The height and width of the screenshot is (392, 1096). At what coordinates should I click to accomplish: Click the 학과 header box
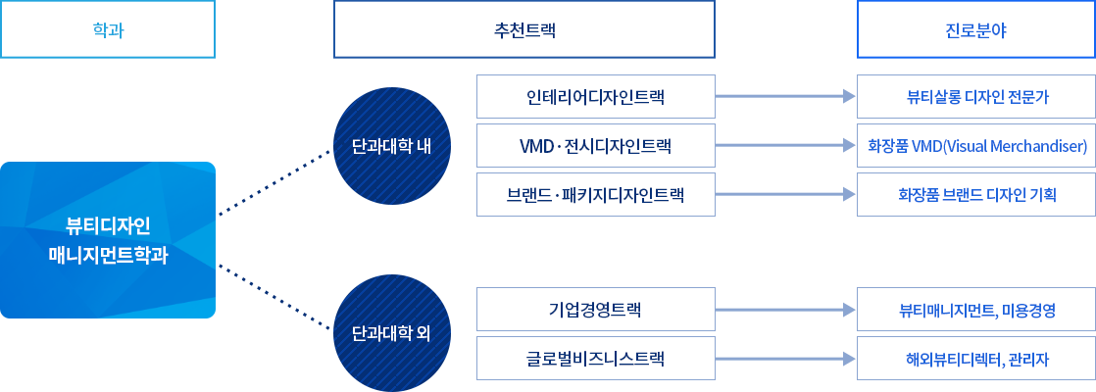coord(108,29)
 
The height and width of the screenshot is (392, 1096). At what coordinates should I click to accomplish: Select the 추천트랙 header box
coord(524,29)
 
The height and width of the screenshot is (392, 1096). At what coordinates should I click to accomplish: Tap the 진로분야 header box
coord(975,29)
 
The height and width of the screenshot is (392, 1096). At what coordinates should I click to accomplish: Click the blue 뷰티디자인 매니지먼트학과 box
coord(108,240)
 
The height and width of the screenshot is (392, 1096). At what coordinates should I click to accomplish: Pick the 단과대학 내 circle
coord(392,147)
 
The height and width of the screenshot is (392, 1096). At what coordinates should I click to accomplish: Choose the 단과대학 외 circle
coord(392,332)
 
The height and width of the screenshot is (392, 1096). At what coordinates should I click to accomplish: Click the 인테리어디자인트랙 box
coord(595,96)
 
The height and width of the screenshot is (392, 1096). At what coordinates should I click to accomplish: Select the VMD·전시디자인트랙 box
coord(595,145)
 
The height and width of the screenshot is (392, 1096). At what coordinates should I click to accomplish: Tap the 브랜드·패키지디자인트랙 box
coord(595,194)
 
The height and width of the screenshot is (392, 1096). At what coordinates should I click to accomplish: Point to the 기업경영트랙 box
coord(595,309)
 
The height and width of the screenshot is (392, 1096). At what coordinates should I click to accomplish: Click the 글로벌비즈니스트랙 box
coord(595,359)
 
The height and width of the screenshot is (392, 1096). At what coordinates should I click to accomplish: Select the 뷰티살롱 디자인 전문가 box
coord(975,96)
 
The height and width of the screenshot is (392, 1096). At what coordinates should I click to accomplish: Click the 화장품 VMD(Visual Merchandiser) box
coord(975,145)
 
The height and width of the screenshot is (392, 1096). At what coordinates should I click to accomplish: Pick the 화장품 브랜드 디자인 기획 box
coord(975,194)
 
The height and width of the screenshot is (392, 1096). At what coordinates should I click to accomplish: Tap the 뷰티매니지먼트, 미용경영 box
coord(975,309)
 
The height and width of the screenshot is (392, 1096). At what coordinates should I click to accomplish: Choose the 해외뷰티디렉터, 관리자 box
coord(975,359)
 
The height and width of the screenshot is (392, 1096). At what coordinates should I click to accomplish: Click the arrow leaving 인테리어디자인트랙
coord(785,96)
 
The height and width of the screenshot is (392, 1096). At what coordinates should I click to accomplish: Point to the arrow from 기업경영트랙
coord(785,309)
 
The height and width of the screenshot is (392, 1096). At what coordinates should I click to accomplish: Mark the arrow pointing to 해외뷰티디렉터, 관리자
coord(785,359)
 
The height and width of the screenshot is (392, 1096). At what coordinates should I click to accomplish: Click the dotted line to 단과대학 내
coord(274,182)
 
